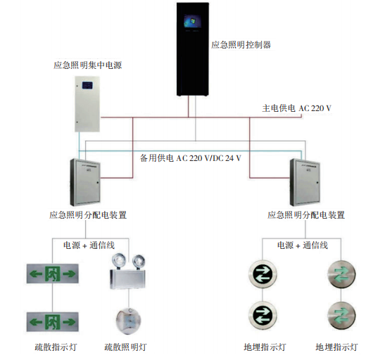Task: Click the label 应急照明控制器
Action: tap(241, 44)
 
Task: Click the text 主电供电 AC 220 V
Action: tap(296, 108)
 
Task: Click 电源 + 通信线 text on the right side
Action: tap(302, 245)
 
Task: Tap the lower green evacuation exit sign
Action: tap(51, 322)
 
